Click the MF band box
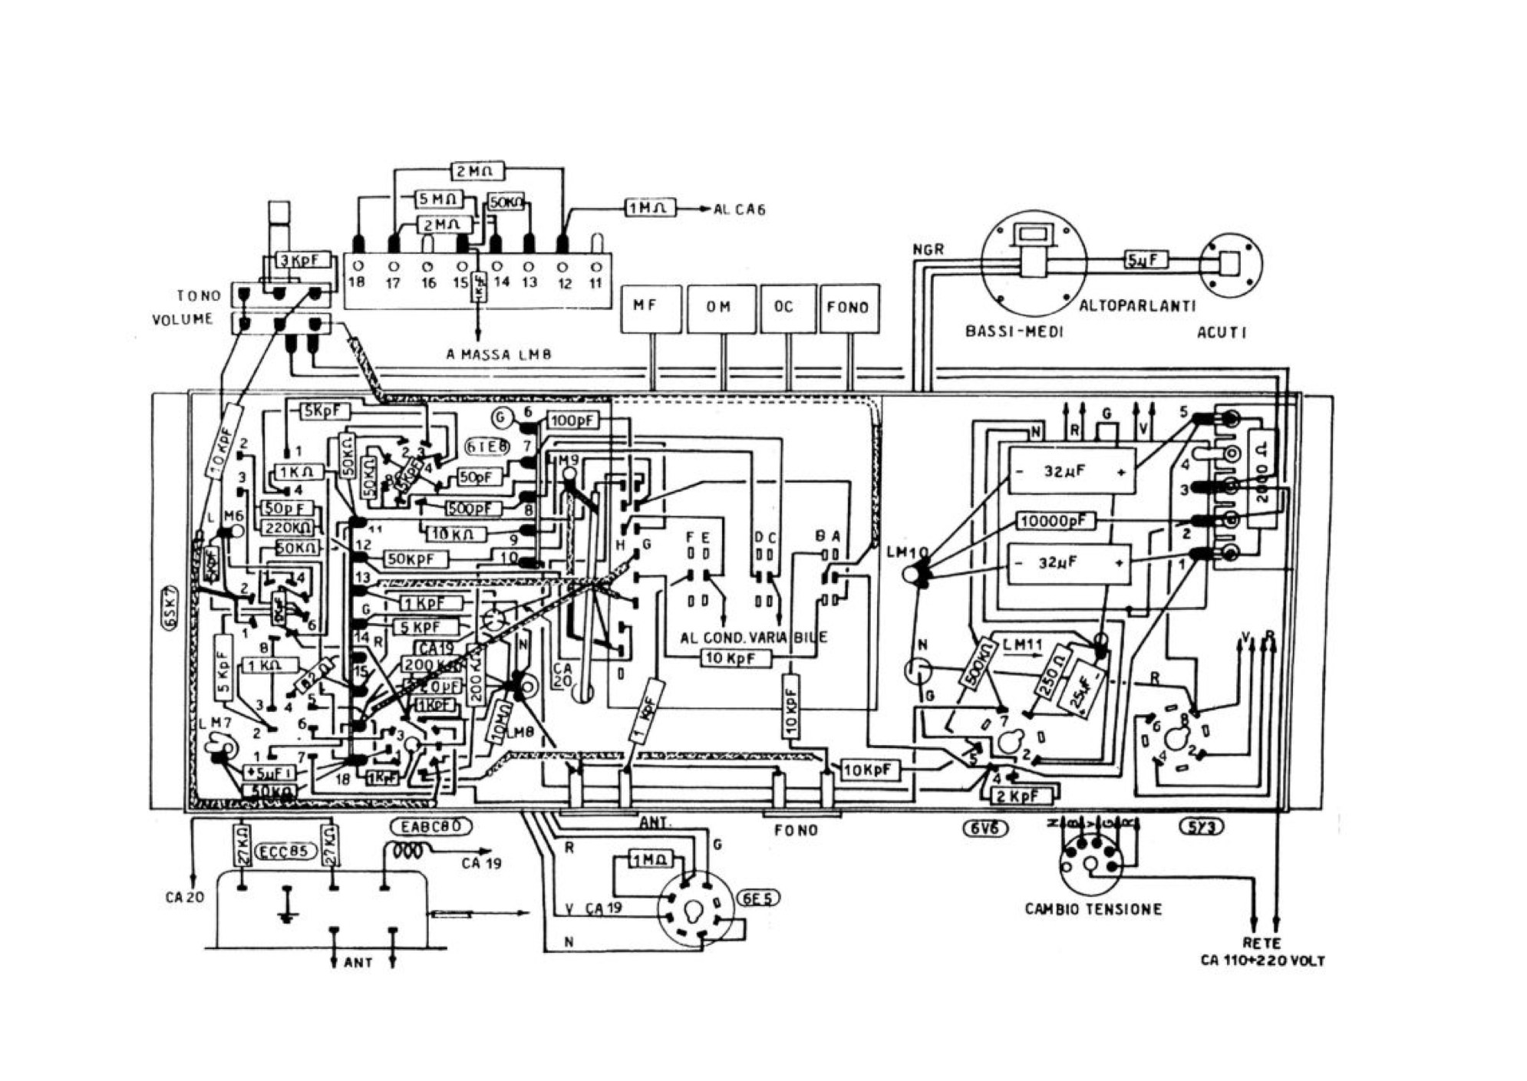[x=650, y=308]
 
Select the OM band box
[x=720, y=308]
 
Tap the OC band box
[x=787, y=308]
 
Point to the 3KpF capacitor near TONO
[x=304, y=260]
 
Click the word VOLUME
[x=183, y=320]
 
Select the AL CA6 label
[x=739, y=209]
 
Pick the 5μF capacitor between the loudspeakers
[x=1146, y=261]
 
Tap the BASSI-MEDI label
[x=1014, y=332]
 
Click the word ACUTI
[x=1222, y=332]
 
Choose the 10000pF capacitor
[x=1056, y=522]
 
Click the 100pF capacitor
[x=573, y=420]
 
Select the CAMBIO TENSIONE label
[x=1093, y=909]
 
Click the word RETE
[x=1262, y=944]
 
